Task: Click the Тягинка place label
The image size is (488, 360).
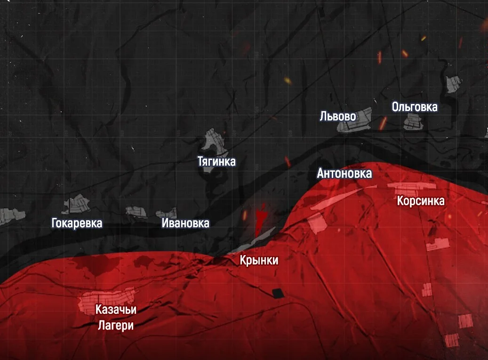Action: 216,162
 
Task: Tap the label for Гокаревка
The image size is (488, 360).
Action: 77,223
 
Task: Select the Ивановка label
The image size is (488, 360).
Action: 185,223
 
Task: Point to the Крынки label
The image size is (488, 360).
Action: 259,260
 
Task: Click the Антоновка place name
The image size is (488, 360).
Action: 344,174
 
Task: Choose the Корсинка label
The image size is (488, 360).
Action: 421,201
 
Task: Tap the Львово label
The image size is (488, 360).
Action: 337,116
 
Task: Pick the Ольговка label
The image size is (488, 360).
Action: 415,107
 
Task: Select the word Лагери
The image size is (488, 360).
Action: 116,325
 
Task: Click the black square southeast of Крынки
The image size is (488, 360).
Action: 278,293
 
